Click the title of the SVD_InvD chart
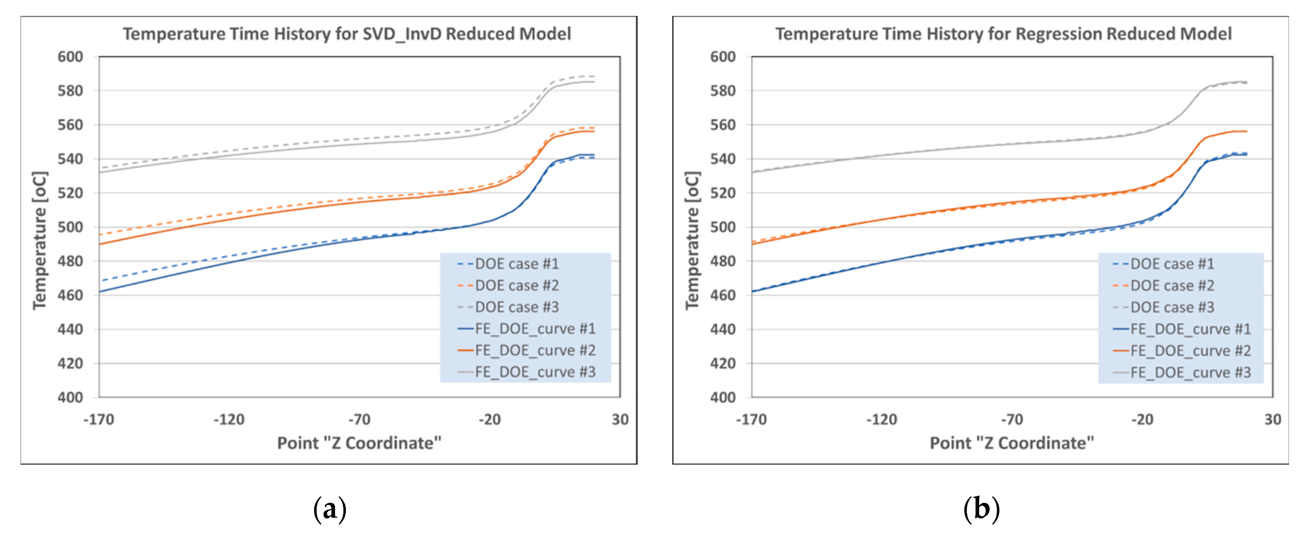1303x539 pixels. pos(347,34)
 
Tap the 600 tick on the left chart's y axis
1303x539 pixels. pos(70,57)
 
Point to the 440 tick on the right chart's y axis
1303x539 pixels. pos(723,330)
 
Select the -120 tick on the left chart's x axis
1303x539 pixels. pos(229,420)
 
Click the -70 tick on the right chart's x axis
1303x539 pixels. pos(1012,420)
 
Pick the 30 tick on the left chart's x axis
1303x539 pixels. pos(620,420)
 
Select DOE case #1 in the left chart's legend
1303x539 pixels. pos(517,264)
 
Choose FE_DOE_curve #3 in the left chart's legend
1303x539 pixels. pos(535,372)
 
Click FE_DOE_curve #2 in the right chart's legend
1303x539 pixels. pos(1190,351)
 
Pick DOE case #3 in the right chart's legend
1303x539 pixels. pos(1172,307)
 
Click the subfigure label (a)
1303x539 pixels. pos(330,509)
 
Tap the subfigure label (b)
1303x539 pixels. pos(981,509)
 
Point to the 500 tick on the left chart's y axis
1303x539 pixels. pos(70,227)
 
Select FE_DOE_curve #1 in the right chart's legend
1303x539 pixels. pos(1190,329)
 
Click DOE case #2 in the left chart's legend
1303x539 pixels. pos(517,285)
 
